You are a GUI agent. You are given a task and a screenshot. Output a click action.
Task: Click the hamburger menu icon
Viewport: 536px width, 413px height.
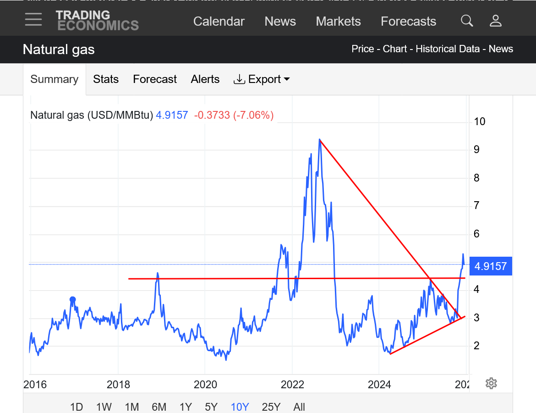33,19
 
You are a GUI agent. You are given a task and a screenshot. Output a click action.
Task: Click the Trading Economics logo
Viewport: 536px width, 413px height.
97,21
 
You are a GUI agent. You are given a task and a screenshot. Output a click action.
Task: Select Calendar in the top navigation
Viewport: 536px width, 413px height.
219,22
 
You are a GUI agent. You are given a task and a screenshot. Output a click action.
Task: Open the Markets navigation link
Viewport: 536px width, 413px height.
338,22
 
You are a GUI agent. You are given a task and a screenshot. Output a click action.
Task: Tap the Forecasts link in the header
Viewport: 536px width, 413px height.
408,22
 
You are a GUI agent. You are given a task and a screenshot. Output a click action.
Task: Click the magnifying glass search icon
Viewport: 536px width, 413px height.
467,21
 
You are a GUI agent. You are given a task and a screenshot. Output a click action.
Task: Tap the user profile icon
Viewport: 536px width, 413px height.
496,21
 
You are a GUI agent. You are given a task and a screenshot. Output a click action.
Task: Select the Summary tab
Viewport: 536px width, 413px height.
54,79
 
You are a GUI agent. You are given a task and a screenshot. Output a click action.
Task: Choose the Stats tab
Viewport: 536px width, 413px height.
106,79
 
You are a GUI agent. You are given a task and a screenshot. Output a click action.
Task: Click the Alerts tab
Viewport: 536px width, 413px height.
205,79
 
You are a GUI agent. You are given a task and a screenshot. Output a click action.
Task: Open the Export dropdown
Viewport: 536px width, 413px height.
262,79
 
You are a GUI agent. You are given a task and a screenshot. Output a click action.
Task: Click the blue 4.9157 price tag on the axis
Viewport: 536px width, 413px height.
490,266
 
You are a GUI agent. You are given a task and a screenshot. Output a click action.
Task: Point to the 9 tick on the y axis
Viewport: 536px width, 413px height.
477,149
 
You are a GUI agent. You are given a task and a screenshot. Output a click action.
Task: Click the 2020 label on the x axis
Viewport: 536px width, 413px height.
205,385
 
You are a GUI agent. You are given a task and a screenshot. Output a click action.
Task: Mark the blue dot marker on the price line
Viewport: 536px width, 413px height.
72,300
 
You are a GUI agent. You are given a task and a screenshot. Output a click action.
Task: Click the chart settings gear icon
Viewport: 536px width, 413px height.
491,383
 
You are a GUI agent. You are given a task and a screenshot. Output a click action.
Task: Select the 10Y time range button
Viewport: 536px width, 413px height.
240,407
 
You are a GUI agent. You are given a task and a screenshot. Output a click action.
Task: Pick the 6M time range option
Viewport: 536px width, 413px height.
159,407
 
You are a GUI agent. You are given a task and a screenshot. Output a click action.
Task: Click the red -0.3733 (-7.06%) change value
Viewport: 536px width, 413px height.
234,115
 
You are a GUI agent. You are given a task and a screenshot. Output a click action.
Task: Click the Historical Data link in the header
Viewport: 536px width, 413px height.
448,49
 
